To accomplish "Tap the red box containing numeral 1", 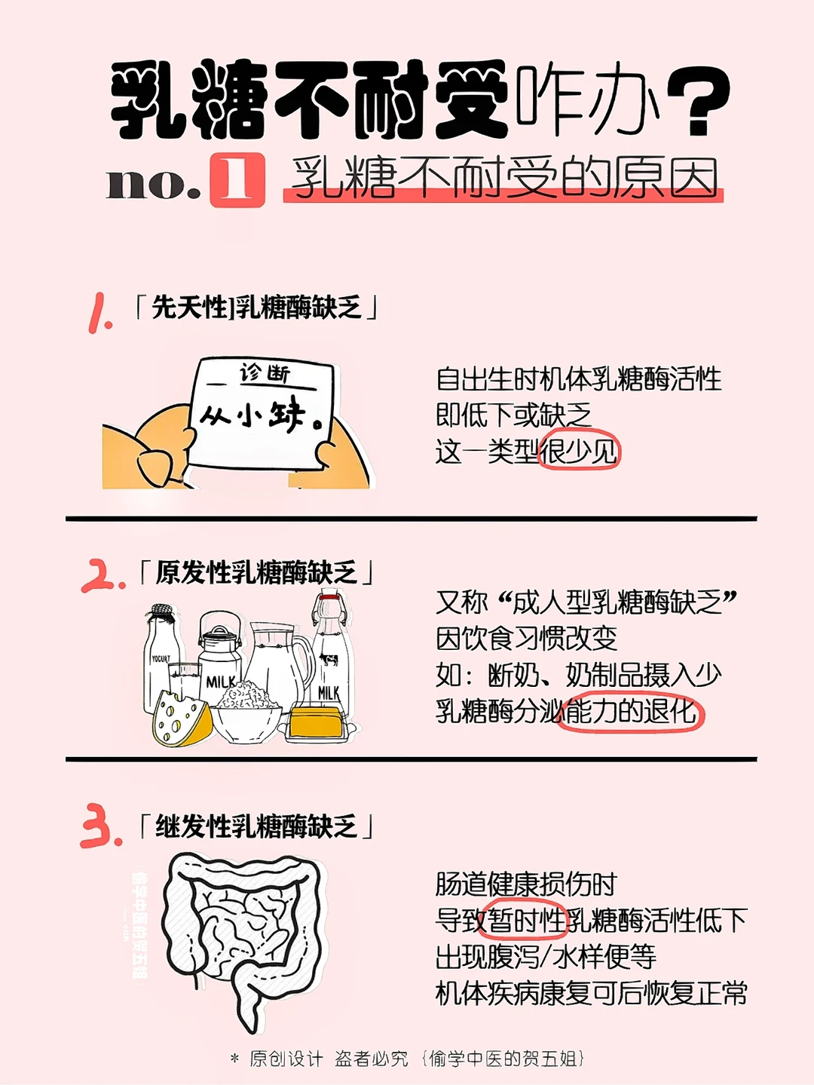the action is (237, 180).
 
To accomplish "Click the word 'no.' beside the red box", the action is (154, 185).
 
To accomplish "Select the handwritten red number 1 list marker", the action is (99, 313).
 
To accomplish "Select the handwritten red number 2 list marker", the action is (103, 576).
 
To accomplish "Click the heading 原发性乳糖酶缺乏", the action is (256, 572).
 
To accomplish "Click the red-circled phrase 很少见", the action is (578, 451).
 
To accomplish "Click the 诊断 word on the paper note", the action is (265, 374).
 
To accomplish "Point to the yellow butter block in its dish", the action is (316, 722).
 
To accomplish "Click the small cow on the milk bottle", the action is (329, 659).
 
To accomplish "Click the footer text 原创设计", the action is (286, 1059).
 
